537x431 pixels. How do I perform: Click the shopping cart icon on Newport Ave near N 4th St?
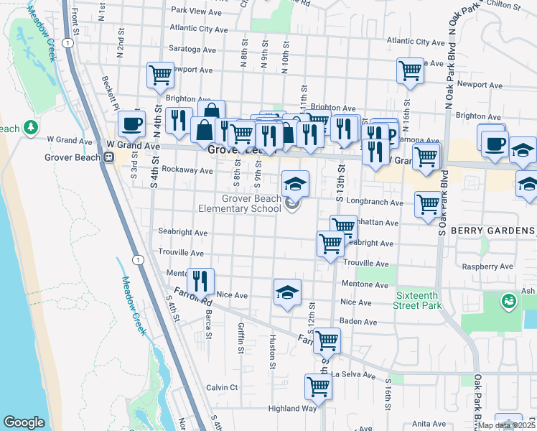(x=160, y=75)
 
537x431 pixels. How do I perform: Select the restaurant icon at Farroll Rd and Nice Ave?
(x=200, y=280)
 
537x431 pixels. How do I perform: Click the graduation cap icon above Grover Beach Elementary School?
(x=294, y=184)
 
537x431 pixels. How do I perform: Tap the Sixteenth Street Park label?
(x=419, y=300)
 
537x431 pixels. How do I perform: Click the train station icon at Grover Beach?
(x=109, y=157)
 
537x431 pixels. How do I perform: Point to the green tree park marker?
(x=31, y=128)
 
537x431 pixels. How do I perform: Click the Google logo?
(x=24, y=422)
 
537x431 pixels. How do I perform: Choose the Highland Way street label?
(x=292, y=408)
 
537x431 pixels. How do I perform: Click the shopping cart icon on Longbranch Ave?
(x=428, y=204)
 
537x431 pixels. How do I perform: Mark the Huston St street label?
(x=273, y=351)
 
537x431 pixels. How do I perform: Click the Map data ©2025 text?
(x=505, y=425)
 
